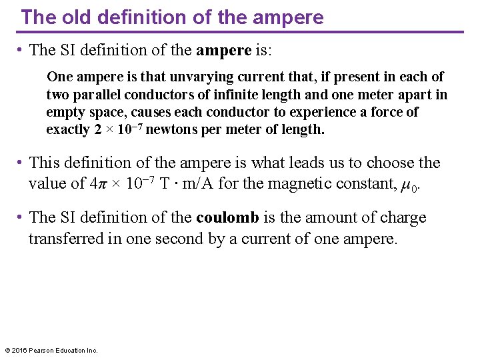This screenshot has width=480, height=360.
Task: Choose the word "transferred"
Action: point(65,239)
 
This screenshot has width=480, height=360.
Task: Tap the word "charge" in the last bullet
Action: point(403,217)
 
